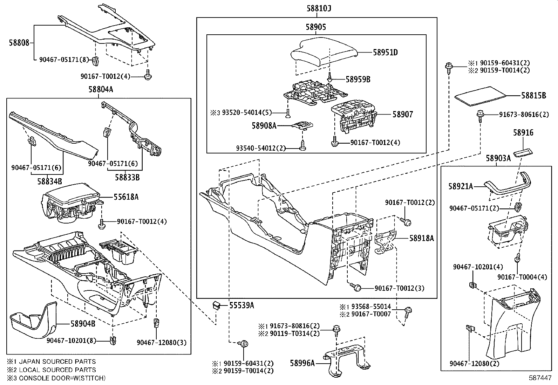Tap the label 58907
click(402, 114)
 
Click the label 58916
click(523, 133)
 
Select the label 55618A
click(126, 197)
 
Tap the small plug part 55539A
click(216, 305)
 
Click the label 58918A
click(422, 238)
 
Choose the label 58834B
click(49, 181)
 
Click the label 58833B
click(127, 178)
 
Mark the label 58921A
click(461, 187)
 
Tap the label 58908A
click(264, 125)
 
